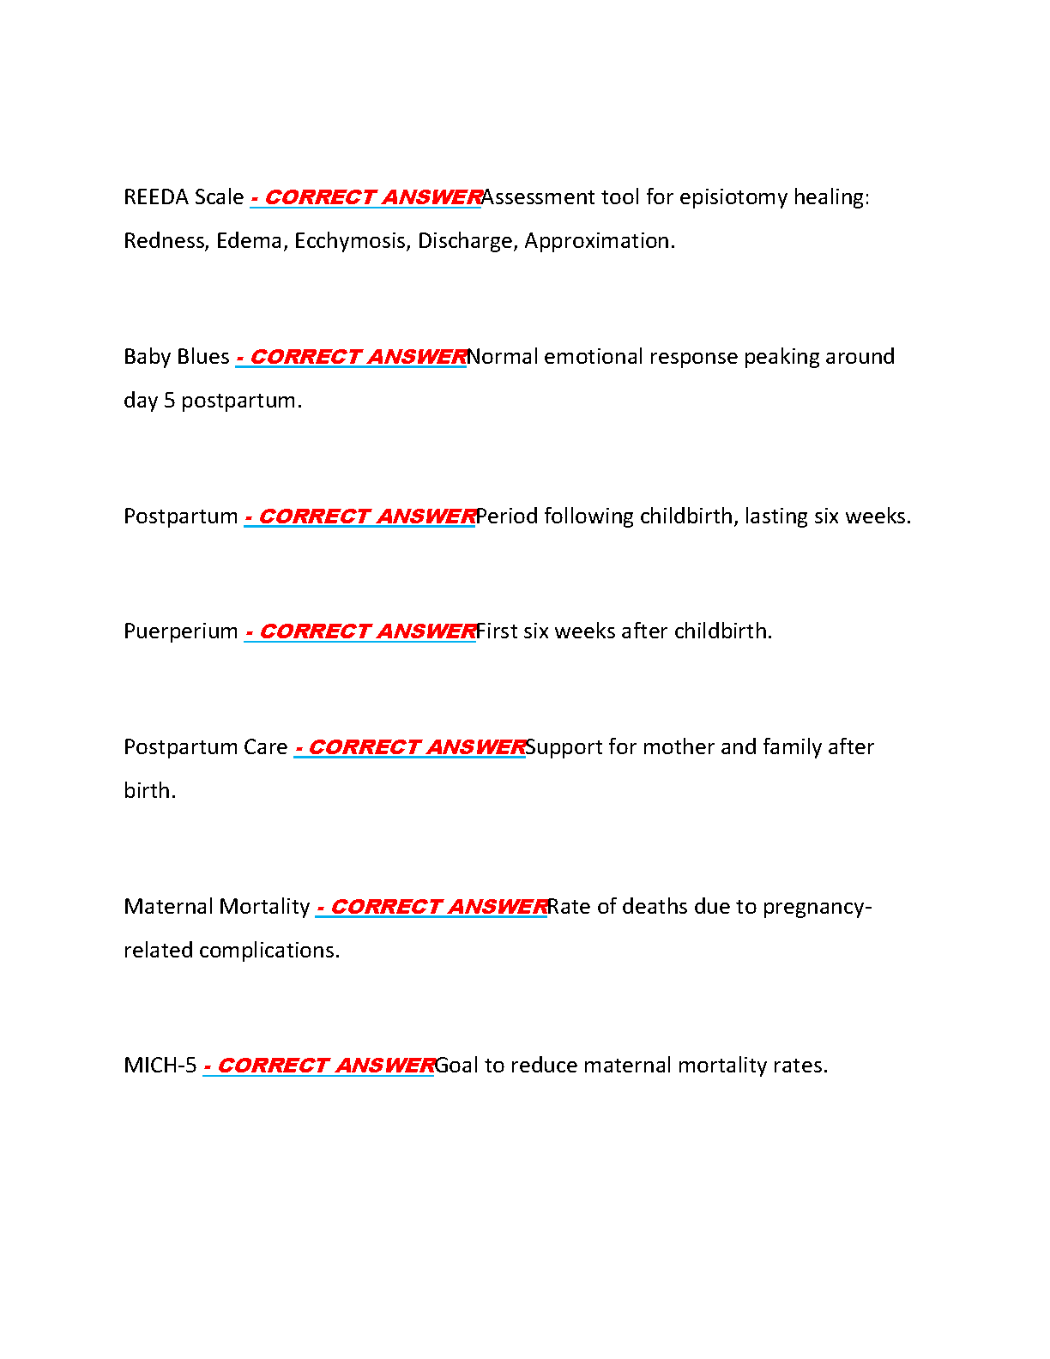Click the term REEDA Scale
pyautogui.click(x=184, y=197)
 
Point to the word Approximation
pyautogui.click(x=599, y=241)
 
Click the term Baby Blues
pyautogui.click(x=177, y=357)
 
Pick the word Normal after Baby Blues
pyautogui.click(x=502, y=357)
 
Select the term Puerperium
pyautogui.click(x=181, y=631)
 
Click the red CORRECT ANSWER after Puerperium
pyautogui.click(x=367, y=631)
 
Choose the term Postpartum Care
pyautogui.click(x=206, y=747)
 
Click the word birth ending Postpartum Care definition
pyautogui.click(x=148, y=791)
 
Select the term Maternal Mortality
pyautogui.click(x=217, y=907)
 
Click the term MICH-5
pyautogui.click(x=160, y=1066)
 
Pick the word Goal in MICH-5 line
pyautogui.click(x=456, y=1066)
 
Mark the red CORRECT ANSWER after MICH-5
pyautogui.click(x=325, y=1066)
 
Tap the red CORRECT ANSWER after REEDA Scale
pyautogui.click(x=372, y=197)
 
